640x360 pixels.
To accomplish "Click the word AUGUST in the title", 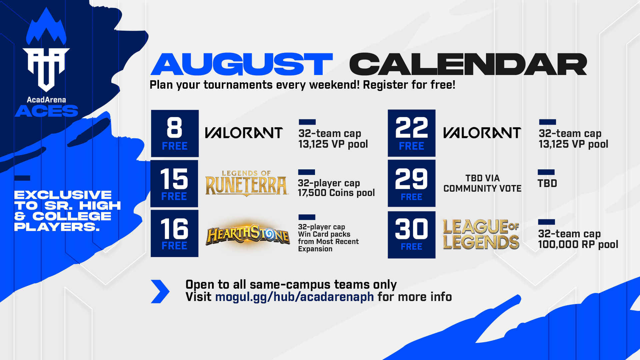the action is (x=242, y=64).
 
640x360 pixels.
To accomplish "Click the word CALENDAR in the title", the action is (x=468, y=64).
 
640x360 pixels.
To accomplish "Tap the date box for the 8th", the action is (x=175, y=133).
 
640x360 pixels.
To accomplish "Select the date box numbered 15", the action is (x=174, y=184).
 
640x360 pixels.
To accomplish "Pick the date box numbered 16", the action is (x=174, y=233).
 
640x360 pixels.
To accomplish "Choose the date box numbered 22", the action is (x=412, y=133).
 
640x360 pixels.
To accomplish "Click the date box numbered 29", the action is (x=412, y=183).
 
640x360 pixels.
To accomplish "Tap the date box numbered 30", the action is (x=412, y=235).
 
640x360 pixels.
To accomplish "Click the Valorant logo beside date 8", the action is (x=244, y=133).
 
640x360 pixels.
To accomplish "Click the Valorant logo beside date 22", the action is (x=482, y=133).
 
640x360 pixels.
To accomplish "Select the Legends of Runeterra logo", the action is (x=246, y=183).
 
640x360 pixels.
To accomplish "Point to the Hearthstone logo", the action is (x=248, y=235).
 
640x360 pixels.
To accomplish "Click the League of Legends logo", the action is (x=481, y=234).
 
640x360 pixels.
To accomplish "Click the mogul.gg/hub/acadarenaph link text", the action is (x=295, y=297).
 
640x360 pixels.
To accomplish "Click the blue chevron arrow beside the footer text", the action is (x=160, y=291).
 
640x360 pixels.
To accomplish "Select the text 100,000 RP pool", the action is (x=578, y=244).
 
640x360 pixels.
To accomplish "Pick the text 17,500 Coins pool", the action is (x=336, y=193).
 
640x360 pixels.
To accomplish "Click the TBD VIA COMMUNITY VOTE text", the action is (x=482, y=183).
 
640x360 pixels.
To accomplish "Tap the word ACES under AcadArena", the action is (x=46, y=111).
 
